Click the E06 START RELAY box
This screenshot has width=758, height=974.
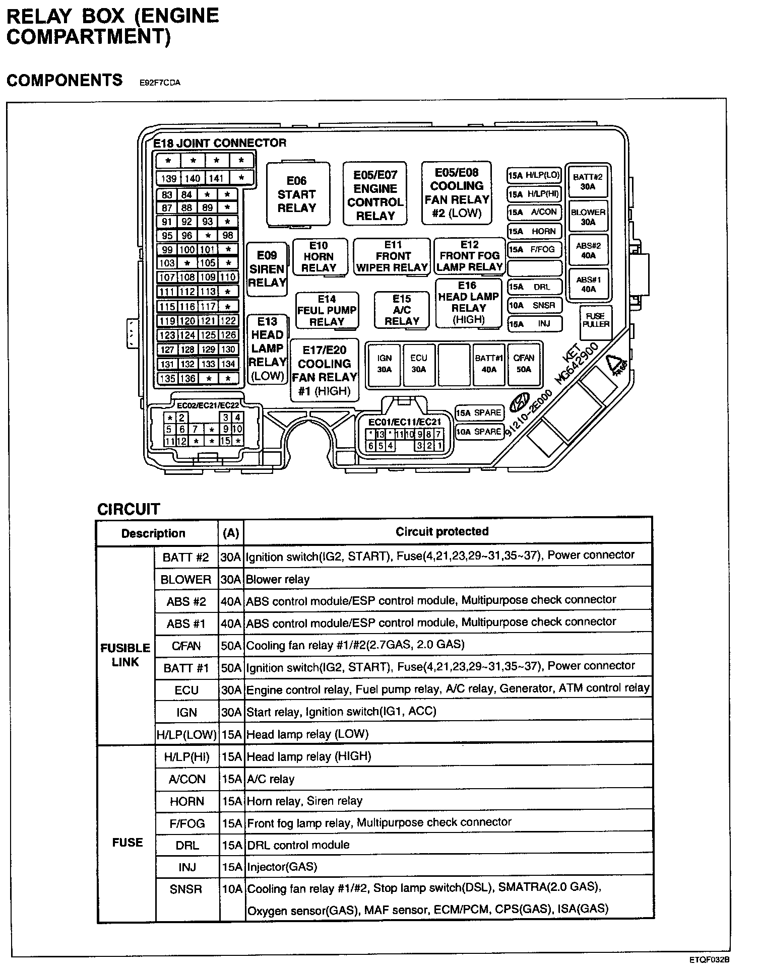coord(297,194)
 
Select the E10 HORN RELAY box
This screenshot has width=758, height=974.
coord(319,257)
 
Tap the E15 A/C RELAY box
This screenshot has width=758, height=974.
coord(402,310)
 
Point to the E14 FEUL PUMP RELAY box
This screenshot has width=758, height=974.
coord(327,310)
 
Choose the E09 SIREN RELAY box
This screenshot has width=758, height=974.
coord(267,269)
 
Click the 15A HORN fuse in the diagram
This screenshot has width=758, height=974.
coord(534,231)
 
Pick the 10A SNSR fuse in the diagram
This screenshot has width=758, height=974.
coord(534,305)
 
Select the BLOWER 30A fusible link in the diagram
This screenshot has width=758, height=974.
coord(588,217)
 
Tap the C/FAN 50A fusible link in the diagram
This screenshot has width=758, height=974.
coord(524,363)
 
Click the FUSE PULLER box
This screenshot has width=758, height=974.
coord(596,320)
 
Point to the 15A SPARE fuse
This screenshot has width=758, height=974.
coord(479,412)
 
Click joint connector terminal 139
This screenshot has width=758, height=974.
coord(168,178)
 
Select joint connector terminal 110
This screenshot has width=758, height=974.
coord(228,277)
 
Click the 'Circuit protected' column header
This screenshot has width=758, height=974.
coord(442,531)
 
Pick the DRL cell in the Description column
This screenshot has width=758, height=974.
coord(187,845)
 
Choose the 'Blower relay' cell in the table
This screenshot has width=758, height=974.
coord(278,579)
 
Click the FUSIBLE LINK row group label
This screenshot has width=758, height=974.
coord(125,655)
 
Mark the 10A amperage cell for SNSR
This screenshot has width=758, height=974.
coord(232,889)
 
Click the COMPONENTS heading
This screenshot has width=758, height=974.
coord(65,80)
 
